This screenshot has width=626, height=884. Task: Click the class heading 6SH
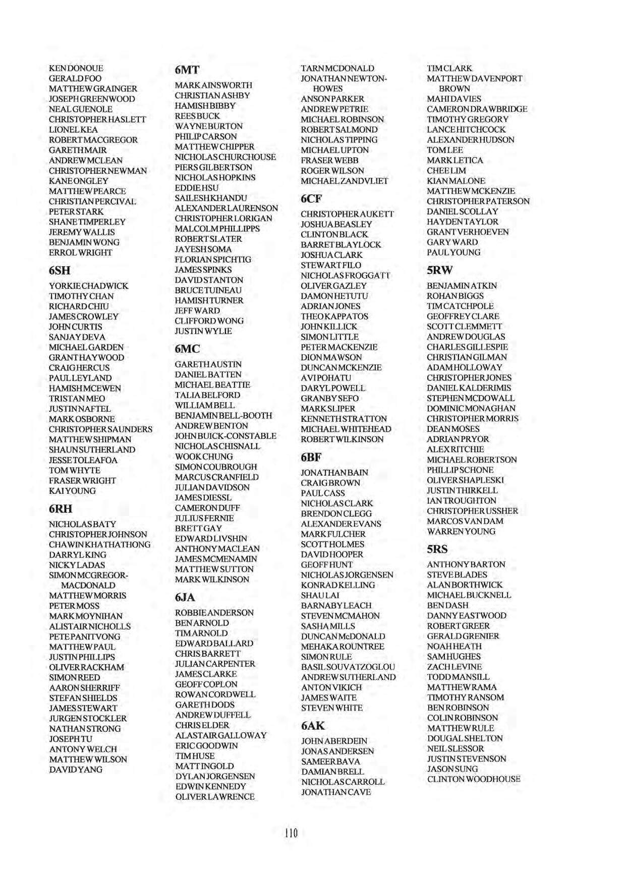60,271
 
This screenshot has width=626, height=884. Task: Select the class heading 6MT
187,70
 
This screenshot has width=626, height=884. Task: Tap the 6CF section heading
311,199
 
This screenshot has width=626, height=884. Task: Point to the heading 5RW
440,270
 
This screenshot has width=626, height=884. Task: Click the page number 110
292,833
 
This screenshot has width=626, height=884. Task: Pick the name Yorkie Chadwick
89,286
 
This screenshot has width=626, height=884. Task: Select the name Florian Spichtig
213,260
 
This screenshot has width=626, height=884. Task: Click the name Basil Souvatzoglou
348,667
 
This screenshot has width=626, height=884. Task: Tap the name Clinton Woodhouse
474,779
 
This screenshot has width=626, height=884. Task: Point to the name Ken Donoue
76,68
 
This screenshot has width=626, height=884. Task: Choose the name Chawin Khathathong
99,544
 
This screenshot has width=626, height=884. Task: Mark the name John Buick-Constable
225,436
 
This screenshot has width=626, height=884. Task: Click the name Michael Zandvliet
345,181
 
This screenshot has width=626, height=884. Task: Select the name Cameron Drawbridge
477,109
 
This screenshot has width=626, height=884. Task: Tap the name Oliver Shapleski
465,480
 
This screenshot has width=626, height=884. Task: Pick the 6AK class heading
313,726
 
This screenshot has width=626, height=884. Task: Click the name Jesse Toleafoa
83,460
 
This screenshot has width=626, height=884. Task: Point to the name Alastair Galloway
221,735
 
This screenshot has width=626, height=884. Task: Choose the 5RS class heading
437,549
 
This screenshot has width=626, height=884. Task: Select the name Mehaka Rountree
343,646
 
